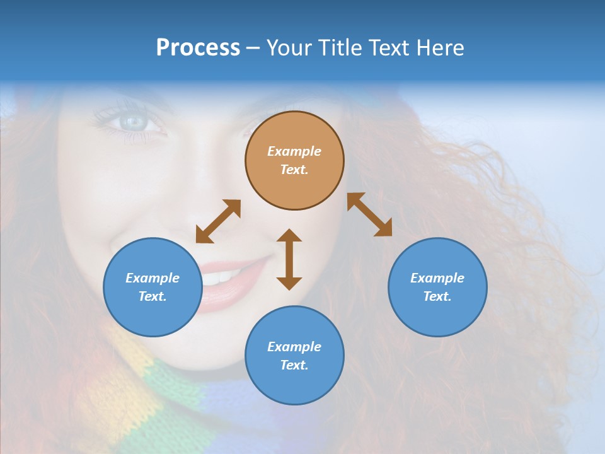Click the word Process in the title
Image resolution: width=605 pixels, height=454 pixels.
click(x=198, y=48)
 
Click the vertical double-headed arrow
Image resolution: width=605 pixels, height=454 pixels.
click(x=289, y=259)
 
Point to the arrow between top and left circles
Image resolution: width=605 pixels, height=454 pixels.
click(x=218, y=221)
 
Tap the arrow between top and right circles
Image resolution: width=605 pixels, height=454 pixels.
click(x=369, y=214)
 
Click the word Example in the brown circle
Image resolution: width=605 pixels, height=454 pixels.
click(x=294, y=151)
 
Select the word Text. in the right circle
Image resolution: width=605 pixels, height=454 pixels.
click(x=437, y=296)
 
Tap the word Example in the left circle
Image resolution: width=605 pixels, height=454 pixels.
click(x=153, y=278)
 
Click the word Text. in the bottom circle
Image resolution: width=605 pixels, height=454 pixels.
click(x=294, y=365)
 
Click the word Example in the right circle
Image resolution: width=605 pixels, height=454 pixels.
click(x=437, y=278)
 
